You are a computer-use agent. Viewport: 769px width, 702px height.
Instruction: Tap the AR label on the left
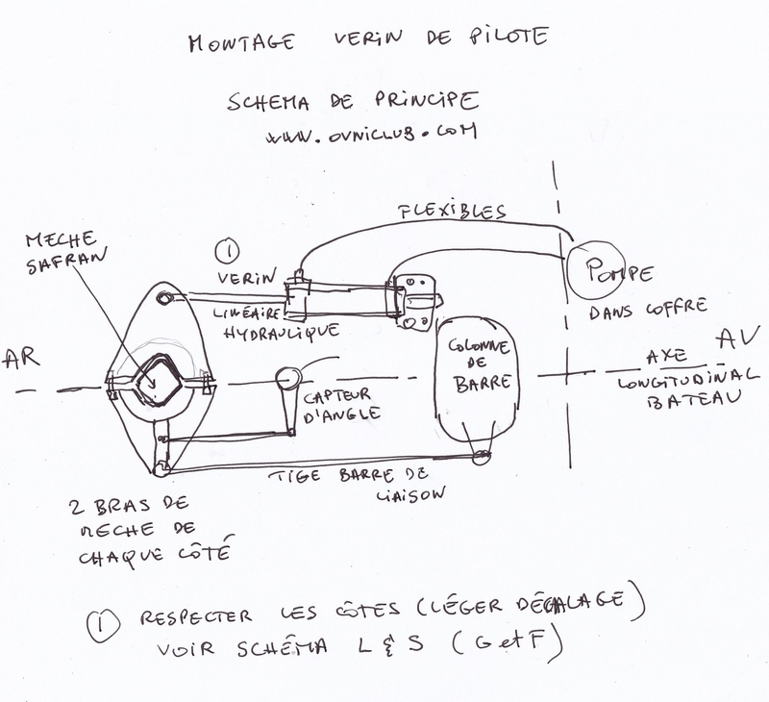[x=20, y=361]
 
